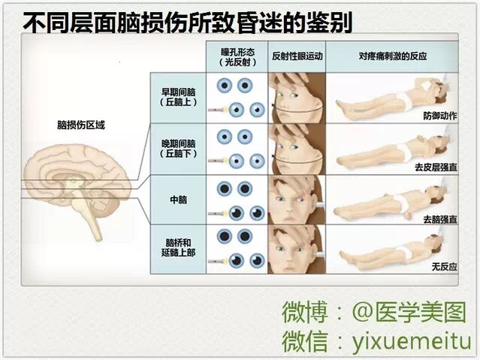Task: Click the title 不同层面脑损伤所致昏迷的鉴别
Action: [x=188, y=23]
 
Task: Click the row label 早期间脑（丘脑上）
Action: [x=178, y=97]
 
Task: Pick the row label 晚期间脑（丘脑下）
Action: [x=178, y=148]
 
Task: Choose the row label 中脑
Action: [x=178, y=201]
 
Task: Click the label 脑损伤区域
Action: [x=80, y=124]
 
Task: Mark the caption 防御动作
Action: [x=442, y=115]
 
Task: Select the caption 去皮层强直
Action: [x=439, y=166]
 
